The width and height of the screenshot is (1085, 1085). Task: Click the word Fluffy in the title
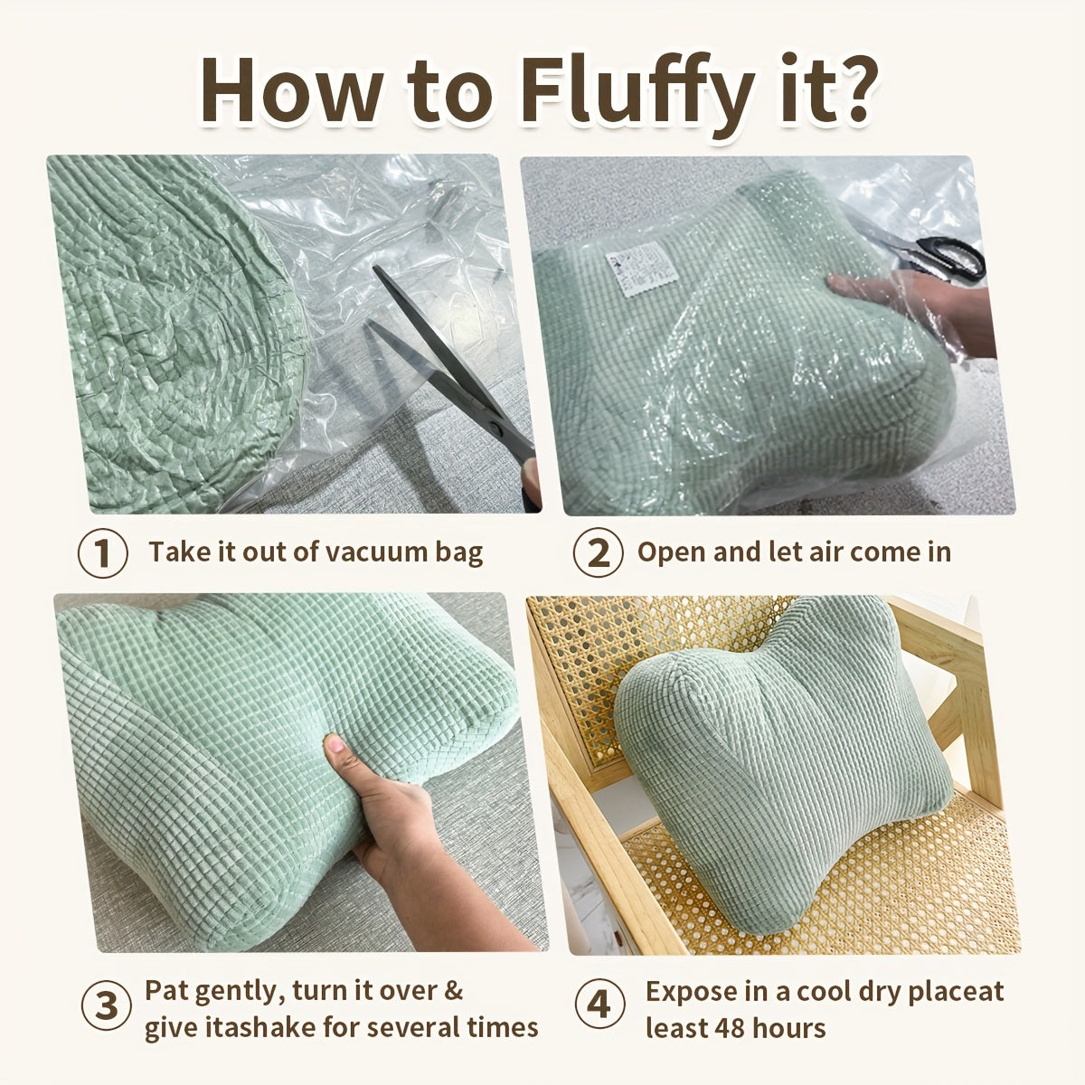[635, 93]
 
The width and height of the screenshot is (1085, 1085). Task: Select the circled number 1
[102, 552]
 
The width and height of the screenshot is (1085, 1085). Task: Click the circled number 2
[598, 552]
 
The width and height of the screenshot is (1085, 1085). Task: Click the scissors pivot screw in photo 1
[495, 429]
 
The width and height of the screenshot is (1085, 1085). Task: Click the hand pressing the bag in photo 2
[912, 307]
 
